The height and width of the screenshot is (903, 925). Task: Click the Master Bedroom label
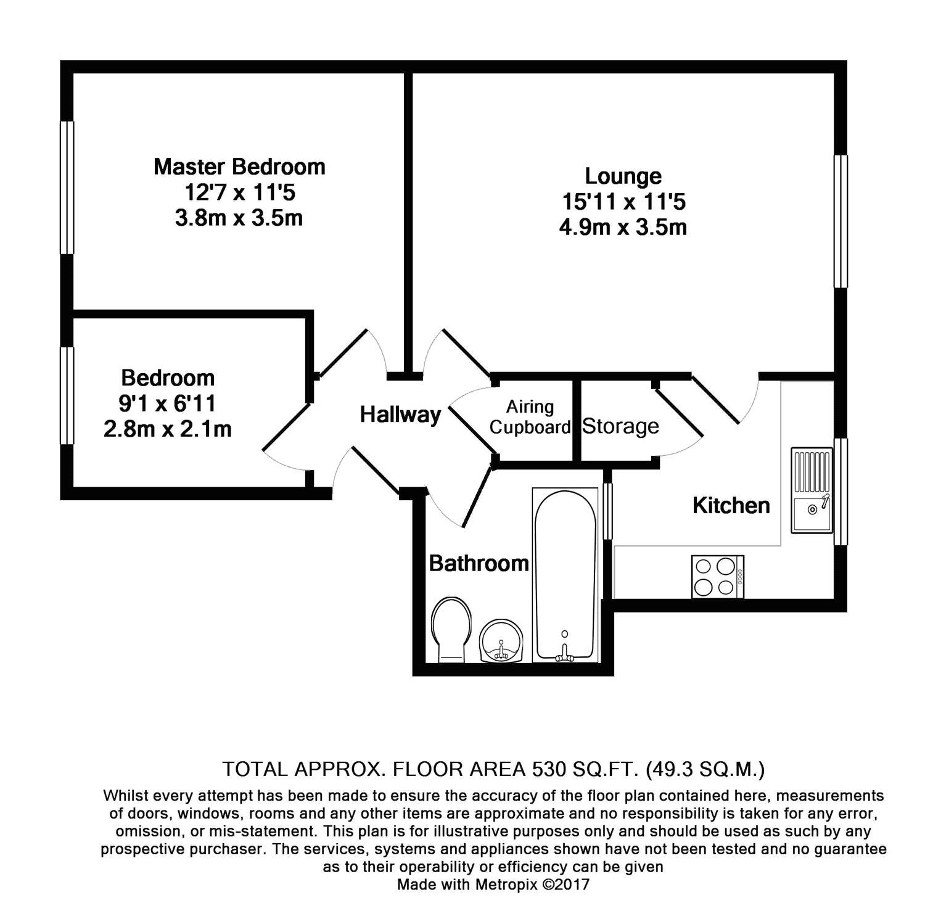tap(239, 167)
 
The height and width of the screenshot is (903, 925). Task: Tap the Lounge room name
tap(623, 176)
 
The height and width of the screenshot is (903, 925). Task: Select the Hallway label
tap(400, 414)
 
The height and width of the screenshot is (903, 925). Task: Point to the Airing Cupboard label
tap(530, 417)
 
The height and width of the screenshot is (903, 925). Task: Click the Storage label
tap(620, 426)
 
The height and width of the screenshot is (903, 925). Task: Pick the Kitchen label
tap(731, 506)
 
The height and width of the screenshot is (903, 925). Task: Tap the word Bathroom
tap(479, 563)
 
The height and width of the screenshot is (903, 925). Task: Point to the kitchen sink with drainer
tap(812, 490)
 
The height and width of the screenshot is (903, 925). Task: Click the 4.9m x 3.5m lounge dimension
tap(623, 228)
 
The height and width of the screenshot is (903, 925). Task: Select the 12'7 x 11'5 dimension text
tap(240, 193)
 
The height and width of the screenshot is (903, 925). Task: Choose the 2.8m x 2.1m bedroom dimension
tap(168, 429)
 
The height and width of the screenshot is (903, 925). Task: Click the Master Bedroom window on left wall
tap(67, 188)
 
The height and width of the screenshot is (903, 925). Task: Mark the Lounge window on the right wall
tap(841, 221)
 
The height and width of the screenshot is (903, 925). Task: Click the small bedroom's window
tap(67, 395)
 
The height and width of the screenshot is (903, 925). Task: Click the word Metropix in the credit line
tap(506, 884)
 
